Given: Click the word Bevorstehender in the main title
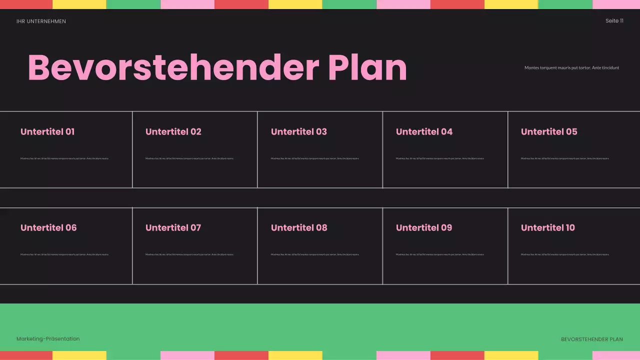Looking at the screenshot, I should click(173, 67).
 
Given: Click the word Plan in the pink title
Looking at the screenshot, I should click(367, 67).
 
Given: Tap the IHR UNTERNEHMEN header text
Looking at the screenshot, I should click(41, 21).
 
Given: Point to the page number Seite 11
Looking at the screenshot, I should click(614, 21).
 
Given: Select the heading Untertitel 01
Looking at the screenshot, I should click(47, 132).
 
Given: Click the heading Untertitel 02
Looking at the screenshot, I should click(173, 132).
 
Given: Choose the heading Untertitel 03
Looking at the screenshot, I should click(298, 132).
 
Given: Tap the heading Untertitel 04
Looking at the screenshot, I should click(424, 132).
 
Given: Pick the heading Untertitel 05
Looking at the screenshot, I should click(549, 132).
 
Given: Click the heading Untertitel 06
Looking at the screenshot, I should click(48, 228).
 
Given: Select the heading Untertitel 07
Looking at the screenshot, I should click(173, 228).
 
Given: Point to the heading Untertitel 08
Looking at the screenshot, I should click(299, 228).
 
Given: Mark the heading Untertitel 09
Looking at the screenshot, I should click(424, 228).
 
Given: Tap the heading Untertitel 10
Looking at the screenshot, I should click(548, 228).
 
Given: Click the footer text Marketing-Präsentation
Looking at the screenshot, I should click(48, 339).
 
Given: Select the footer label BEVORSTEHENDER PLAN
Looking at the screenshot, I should click(592, 339).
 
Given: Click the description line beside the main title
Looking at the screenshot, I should click(571, 68).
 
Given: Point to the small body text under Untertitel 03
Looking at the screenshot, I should click(315, 158).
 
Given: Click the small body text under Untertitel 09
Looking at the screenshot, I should click(440, 254).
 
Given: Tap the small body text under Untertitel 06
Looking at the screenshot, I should click(64, 254).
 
